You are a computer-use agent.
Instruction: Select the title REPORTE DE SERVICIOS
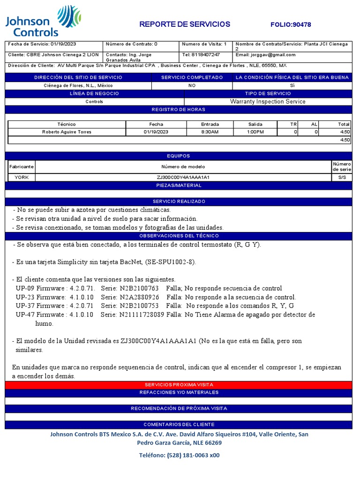coord(185,24)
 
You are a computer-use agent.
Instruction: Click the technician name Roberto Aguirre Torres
coord(67,132)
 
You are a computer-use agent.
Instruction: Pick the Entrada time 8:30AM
coord(210,132)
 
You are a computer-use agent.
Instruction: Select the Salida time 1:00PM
coord(255,132)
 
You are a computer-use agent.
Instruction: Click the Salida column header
coord(255,124)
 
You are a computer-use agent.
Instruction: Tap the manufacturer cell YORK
coord(22,177)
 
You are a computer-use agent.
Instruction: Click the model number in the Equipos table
coord(183,177)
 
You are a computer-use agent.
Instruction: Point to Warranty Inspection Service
coord(268,101)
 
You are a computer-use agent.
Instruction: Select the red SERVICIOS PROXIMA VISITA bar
coord(178,384)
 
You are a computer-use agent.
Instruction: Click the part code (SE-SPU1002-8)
coord(171,262)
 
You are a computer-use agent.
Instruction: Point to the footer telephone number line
coord(179,455)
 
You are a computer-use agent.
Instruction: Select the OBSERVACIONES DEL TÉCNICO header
coord(178,236)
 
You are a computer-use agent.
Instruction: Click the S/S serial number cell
coord(342,177)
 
